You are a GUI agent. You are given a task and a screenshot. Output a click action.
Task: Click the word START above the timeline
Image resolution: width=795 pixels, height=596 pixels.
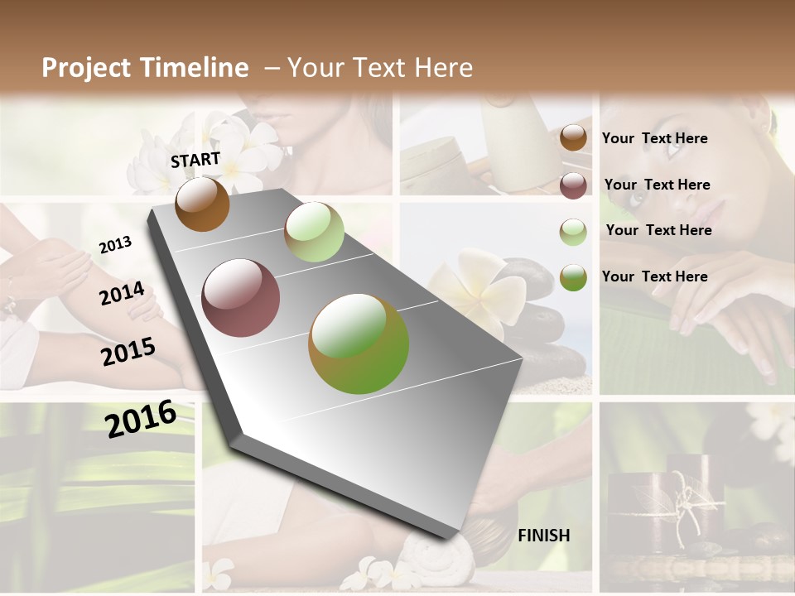(x=195, y=160)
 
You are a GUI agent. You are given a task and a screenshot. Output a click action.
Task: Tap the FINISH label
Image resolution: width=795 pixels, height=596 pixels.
(x=544, y=536)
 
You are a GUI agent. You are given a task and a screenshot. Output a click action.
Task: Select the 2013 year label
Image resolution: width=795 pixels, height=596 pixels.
(x=116, y=244)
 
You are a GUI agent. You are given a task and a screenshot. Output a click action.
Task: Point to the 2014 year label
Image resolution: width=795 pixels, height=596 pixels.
(x=123, y=294)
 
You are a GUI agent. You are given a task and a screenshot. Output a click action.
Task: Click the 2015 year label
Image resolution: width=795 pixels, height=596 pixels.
(x=128, y=352)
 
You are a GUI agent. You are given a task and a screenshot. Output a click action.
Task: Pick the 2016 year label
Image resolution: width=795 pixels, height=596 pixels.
(x=141, y=418)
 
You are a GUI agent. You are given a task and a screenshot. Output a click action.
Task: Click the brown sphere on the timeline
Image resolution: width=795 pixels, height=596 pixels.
(x=202, y=204)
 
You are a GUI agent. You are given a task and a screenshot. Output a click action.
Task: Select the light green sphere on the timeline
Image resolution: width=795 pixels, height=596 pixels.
(x=314, y=232)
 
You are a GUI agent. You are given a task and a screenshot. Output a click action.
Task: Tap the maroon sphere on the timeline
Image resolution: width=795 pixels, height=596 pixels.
(x=241, y=298)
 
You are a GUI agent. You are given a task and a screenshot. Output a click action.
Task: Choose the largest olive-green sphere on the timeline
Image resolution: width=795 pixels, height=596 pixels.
(x=359, y=344)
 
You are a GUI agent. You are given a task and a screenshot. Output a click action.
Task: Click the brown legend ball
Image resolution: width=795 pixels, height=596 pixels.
(x=573, y=137)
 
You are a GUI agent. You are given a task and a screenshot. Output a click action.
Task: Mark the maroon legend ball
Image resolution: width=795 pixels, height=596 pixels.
(x=573, y=185)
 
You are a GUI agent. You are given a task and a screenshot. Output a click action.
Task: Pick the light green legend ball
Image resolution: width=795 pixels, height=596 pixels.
(x=573, y=232)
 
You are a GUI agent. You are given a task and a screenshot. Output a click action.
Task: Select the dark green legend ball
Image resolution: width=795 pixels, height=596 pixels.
(x=573, y=277)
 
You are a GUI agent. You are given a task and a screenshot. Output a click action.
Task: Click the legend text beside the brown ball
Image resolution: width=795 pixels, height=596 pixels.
(x=655, y=138)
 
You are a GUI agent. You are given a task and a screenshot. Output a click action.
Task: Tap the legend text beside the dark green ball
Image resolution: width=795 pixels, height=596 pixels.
(x=655, y=276)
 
